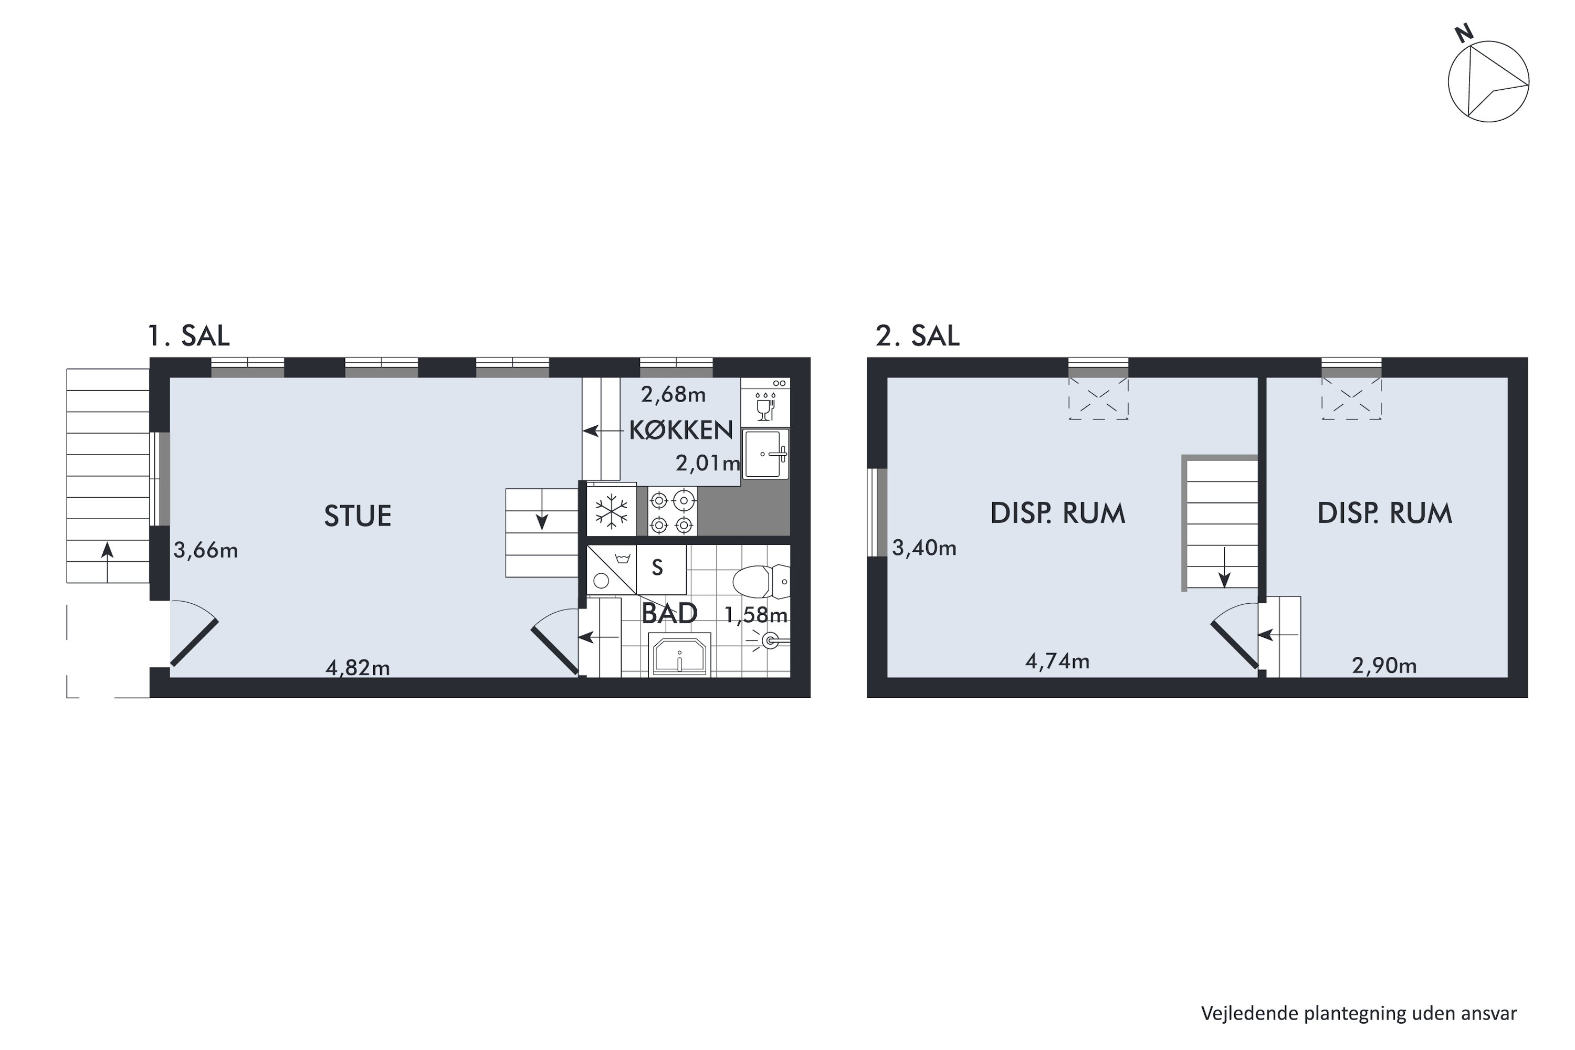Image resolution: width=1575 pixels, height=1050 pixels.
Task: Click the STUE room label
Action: click(358, 516)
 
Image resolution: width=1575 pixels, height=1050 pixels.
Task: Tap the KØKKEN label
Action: click(680, 430)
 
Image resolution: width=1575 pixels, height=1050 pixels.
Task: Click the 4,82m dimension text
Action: click(358, 668)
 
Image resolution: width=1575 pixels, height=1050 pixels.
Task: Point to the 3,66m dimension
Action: click(206, 550)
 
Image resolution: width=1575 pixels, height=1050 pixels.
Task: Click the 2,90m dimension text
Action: click(1384, 666)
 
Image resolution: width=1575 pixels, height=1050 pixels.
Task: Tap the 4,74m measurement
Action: click(1057, 661)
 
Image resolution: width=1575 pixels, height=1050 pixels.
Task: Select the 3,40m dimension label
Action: click(924, 548)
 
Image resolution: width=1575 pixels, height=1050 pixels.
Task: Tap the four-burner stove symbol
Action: click(671, 511)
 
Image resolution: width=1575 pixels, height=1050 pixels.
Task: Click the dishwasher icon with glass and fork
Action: click(765, 403)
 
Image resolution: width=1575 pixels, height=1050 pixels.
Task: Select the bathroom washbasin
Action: click(680, 655)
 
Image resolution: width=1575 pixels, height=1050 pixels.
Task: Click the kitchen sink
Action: click(765, 454)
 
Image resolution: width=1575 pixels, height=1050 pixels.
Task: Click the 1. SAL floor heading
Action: click(188, 335)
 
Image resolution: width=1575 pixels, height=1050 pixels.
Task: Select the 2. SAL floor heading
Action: click(917, 335)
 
